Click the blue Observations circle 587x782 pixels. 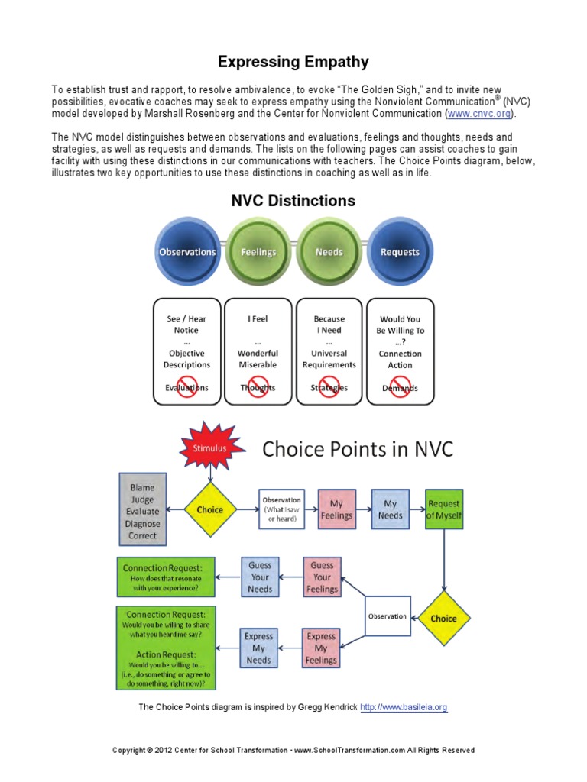[x=187, y=251]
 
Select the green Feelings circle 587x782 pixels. [x=258, y=251]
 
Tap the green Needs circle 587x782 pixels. [x=329, y=251]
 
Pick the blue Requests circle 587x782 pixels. [x=400, y=251]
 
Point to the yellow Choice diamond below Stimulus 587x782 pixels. [x=209, y=509]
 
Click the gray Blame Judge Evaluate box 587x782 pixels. [x=142, y=509]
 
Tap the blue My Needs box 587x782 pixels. [x=391, y=509]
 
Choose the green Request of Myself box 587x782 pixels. [x=444, y=509]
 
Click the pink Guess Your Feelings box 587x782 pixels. [x=322, y=577]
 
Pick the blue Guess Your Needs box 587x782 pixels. [x=260, y=577]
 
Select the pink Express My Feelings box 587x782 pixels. [x=321, y=648]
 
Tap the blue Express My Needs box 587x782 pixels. [x=258, y=648]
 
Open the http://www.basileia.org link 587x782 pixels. [x=404, y=707]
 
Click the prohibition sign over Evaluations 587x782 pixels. [x=187, y=386]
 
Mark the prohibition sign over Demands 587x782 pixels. [x=400, y=386]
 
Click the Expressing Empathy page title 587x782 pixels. [x=293, y=62]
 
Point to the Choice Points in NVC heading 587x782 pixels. [x=358, y=449]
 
